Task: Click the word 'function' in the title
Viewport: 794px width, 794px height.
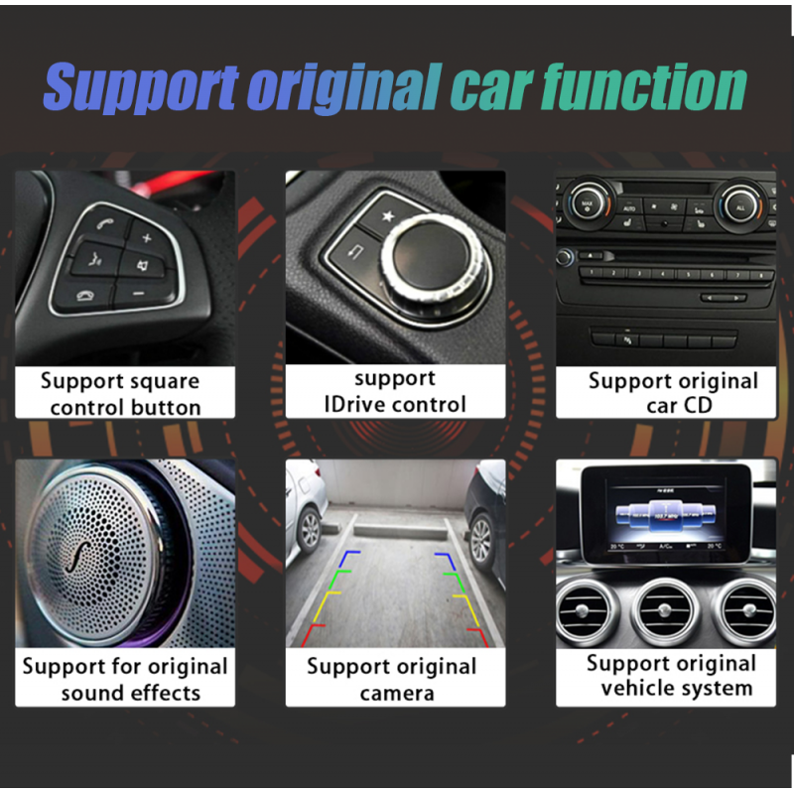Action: click(643, 87)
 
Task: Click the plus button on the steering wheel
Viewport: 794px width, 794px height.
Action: click(147, 237)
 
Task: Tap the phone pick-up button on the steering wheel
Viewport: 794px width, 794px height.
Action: click(106, 223)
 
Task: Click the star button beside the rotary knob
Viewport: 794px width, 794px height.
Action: click(388, 216)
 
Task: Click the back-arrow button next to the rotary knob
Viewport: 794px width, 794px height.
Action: click(355, 250)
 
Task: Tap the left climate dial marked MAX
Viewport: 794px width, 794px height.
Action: click(588, 204)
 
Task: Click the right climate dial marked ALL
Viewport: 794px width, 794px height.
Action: click(740, 206)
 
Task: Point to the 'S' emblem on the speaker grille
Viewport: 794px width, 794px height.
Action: click(79, 557)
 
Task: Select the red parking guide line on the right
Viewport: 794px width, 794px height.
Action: click(478, 637)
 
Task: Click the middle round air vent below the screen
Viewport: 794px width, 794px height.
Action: click(664, 612)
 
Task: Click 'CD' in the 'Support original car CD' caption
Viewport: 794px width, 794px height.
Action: click(699, 406)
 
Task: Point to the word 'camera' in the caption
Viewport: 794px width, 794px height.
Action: click(397, 693)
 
